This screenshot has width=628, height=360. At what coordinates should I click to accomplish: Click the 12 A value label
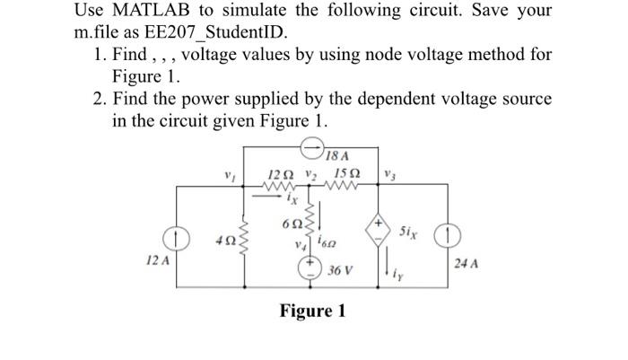click(x=156, y=258)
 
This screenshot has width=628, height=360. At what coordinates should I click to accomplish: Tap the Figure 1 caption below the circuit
click(x=312, y=311)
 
